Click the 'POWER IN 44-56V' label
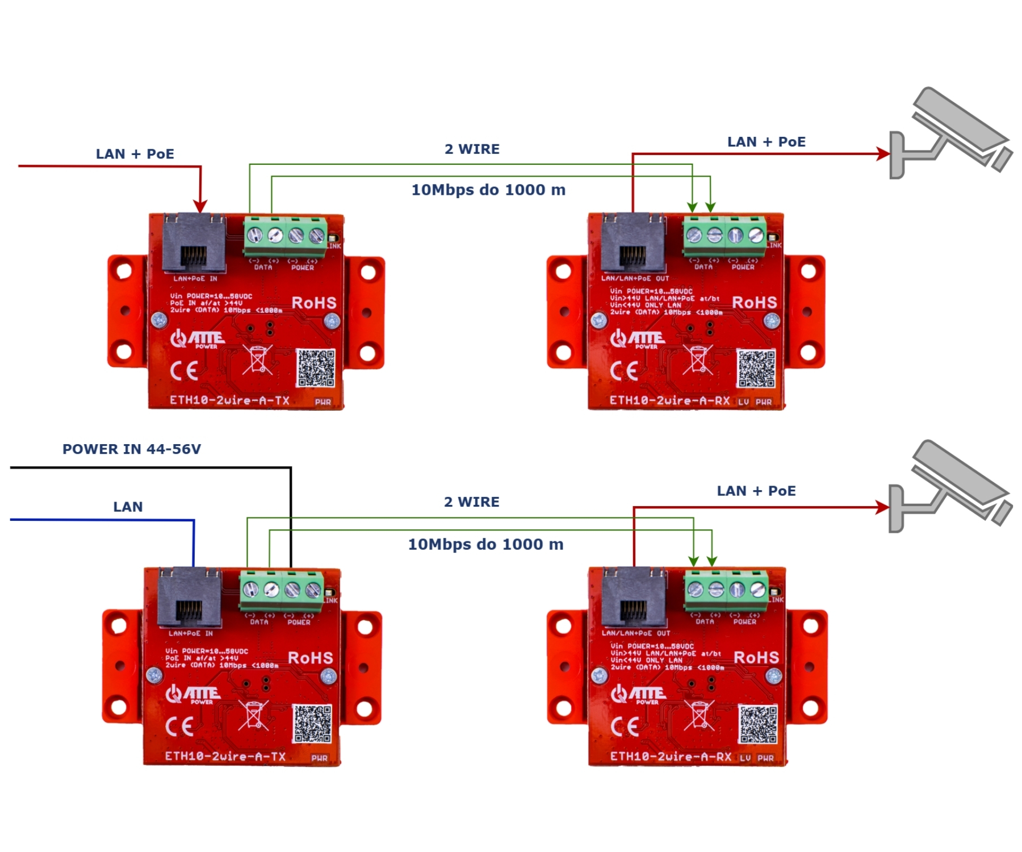click(x=131, y=449)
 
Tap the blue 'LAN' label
click(x=128, y=507)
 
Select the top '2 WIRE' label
click(x=472, y=149)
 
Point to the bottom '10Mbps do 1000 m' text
click(x=485, y=544)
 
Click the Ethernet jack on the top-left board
click(x=194, y=243)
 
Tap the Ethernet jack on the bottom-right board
click(x=634, y=597)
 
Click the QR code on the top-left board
click(x=316, y=368)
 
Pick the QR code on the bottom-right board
click(x=757, y=724)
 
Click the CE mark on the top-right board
click(x=624, y=371)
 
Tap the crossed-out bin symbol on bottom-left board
click(x=253, y=716)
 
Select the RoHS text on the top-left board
click(x=314, y=303)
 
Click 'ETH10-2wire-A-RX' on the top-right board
click(x=669, y=400)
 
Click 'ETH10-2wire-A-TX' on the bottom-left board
click(x=225, y=757)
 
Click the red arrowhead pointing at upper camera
click(x=883, y=153)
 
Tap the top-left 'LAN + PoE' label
click(x=135, y=154)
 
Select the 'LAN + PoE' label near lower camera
click(x=756, y=491)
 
